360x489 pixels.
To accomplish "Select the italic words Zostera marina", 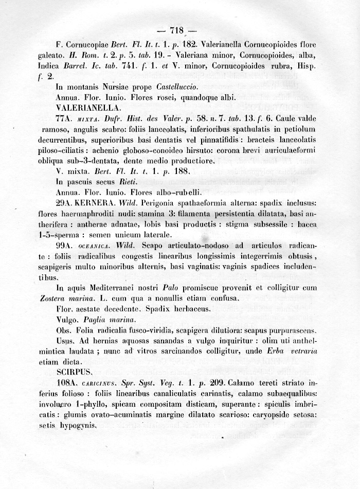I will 62,298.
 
